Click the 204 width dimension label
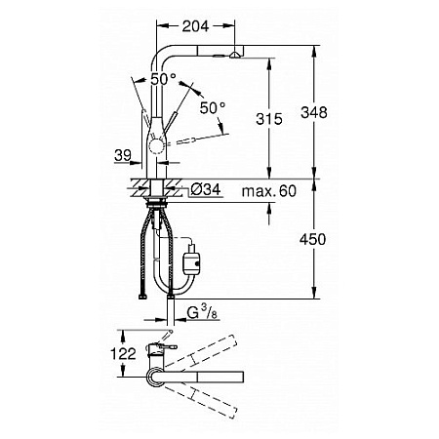pyautogui.click(x=195, y=26)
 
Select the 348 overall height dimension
pyautogui.click(x=314, y=112)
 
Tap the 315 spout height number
pyautogui.click(x=269, y=119)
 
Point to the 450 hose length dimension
pyautogui.click(x=312, y=239)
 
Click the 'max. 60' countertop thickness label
pyautogui.click(x=269, y=191)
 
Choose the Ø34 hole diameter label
pyautogui.click(x=206, y=189)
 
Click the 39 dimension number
pyautogui.click(x=123, y=155)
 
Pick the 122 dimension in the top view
pyautogui.click(x=123, y=353)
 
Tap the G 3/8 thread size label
pyautogui.click(x=202, y=312)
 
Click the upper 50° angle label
pyautogui.click(x=163, y=79)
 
